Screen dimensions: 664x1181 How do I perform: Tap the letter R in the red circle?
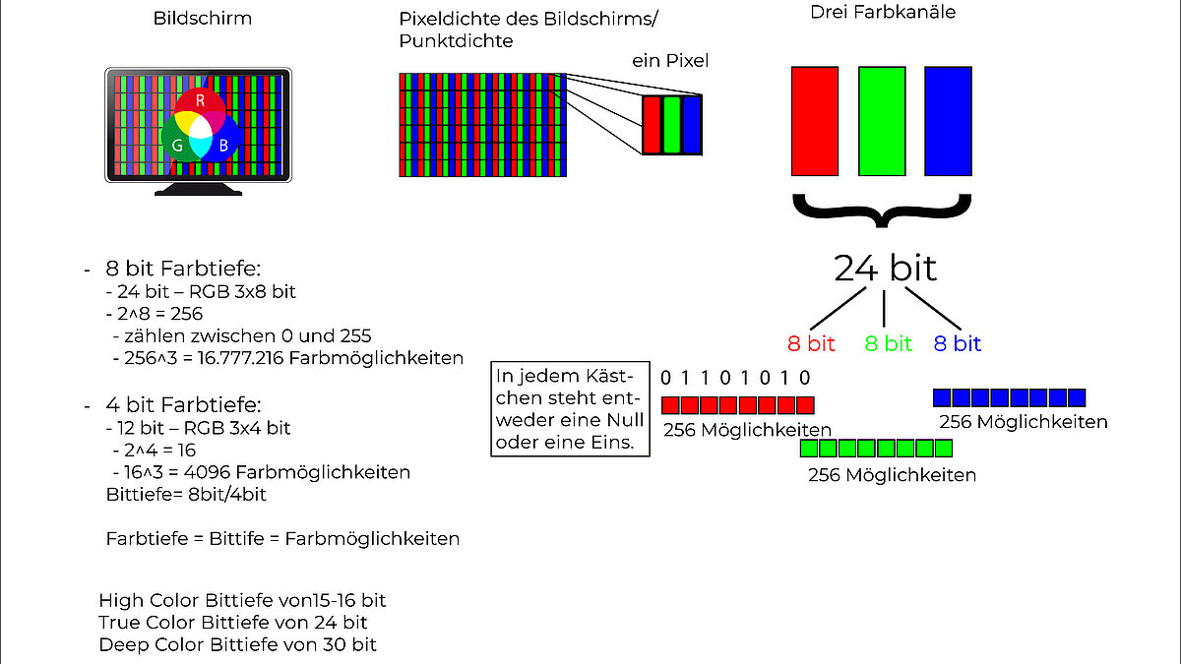point(200,100)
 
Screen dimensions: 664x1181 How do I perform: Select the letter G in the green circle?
point(177,146)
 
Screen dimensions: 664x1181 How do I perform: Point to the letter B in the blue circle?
point(224,146)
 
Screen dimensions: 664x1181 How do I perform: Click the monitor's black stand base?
point(198,190)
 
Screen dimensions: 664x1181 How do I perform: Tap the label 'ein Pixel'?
point(670,61)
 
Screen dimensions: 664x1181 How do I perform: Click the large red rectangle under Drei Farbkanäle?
point(814,120)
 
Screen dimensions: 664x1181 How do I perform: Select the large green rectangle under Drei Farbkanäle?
point(882,120)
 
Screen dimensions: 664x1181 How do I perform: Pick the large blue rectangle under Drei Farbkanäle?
point(948,120)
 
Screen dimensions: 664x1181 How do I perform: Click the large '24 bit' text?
point(885,268)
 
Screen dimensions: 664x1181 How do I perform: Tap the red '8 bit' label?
point(811,343)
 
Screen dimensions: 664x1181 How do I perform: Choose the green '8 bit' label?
point(888,343)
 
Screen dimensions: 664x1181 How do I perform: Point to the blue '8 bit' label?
point(957,343)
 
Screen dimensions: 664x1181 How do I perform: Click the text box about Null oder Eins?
point(572,409)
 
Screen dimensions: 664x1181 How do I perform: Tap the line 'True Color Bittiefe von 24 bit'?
point(232,622)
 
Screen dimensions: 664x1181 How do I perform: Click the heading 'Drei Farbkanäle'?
point(883,13)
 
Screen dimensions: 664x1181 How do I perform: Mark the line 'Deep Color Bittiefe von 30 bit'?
point(237,644)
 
